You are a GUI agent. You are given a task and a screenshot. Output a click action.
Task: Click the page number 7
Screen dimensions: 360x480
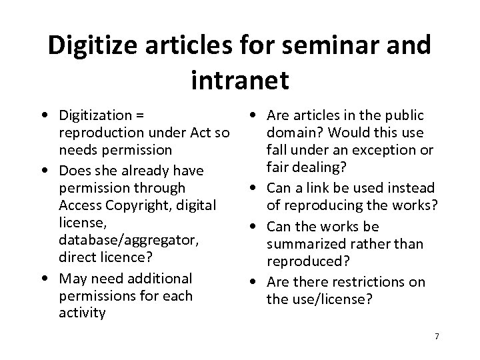pos(437,336)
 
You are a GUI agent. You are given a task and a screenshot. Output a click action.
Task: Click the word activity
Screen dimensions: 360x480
pos(82,313)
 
